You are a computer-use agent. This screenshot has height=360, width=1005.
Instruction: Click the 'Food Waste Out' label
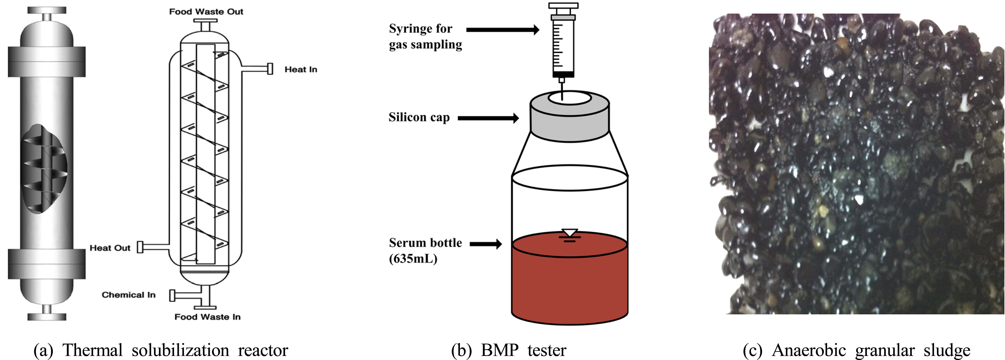click(x=206, y=12)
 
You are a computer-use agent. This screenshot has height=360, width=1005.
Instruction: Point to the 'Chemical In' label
click(x=128, y=295)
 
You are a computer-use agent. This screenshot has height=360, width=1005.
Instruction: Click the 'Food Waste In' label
click(x=207, y=317)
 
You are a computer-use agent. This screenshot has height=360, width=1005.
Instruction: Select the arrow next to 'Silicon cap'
click(x=488, y=118)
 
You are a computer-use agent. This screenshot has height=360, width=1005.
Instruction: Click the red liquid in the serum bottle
click(x=570, y=285)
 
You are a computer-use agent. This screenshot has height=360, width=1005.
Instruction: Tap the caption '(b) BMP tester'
click(x=508, y=350)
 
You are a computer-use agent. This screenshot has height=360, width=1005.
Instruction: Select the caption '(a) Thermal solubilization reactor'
click(x=161, y=350)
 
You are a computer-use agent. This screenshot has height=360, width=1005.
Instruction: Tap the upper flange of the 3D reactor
click(x=46, y=62)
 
